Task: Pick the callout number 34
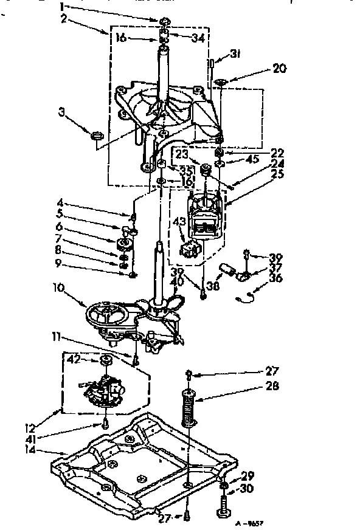coord(198,38)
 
